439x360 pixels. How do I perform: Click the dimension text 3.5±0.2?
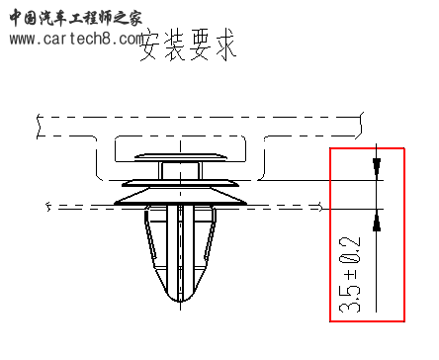[x=350, y=275]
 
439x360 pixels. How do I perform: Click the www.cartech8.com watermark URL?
[x=77, y=39]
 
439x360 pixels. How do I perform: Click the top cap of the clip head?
[x=178, y=155]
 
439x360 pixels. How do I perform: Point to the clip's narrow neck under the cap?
[x=178, y=169]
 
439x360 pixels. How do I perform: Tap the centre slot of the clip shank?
[x=178, y=247]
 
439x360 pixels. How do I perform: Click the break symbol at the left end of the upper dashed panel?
[x=38, y=126]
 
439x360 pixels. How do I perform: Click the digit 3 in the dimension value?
[x=350, y=306]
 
